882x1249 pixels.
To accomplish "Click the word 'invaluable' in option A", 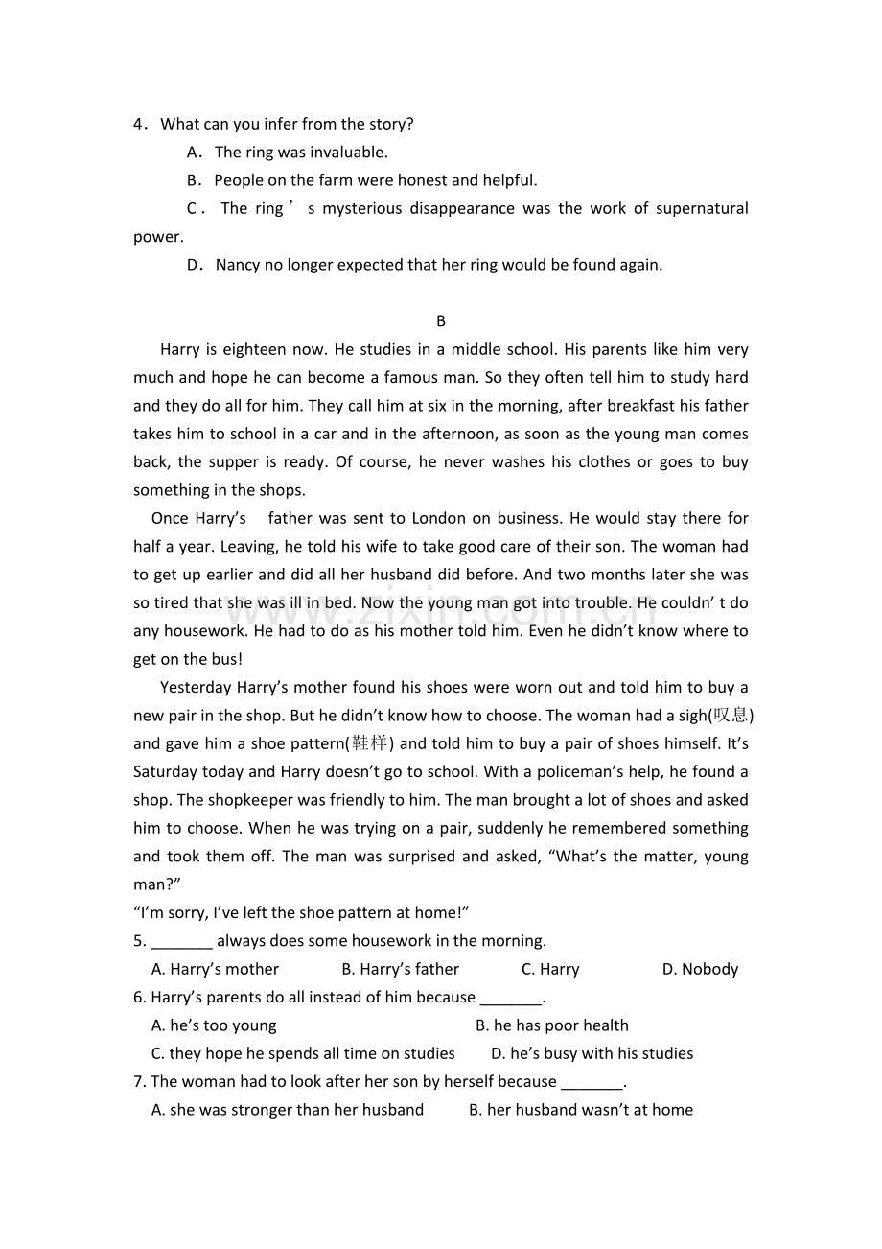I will click(x=349, y=152).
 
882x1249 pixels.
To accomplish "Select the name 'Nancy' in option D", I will click(x=238, y=265).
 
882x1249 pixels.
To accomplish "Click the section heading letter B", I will click(x=441, y=321).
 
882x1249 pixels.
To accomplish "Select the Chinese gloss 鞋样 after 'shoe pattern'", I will click(x=369, y=743).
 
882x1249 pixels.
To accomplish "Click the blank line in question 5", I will click(x=181, y=941).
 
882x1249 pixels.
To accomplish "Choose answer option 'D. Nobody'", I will click(x=700, y=969).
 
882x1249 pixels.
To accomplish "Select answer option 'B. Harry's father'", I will click(x=400, y=969).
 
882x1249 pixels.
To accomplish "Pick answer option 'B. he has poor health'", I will click(x=552, y=1025).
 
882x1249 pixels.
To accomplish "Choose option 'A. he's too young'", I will click(x=214, y=1025).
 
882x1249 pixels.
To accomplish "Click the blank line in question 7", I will click(x=591, y=1082).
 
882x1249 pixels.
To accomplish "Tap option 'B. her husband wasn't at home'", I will click(x=581, y=1110).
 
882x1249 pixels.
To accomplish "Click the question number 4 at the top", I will click(x=139, y=124).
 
